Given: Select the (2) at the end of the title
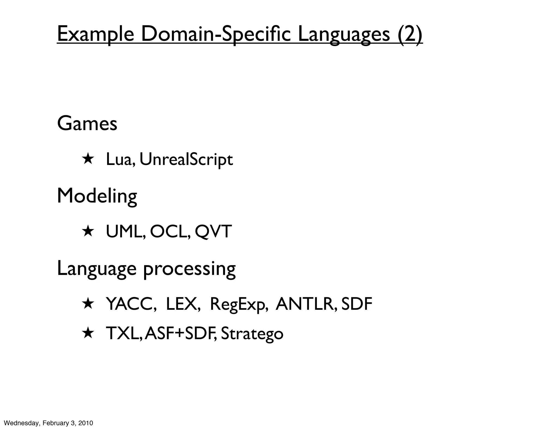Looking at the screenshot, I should pyautogui.click(x=410, y=35).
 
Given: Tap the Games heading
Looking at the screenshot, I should pyautogui.click(x=87, y=124).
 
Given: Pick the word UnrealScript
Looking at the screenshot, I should pyautogui.click(x=186, y=160).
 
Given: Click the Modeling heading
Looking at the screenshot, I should pyautogui.click(x=97, y=196).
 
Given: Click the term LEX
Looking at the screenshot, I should pyautogui.click(x=182, y=304).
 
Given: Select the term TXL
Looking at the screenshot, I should pyautogui.click(x=123, y=333).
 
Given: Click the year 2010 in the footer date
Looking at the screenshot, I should pyautogui.click(x=86, y=423).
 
